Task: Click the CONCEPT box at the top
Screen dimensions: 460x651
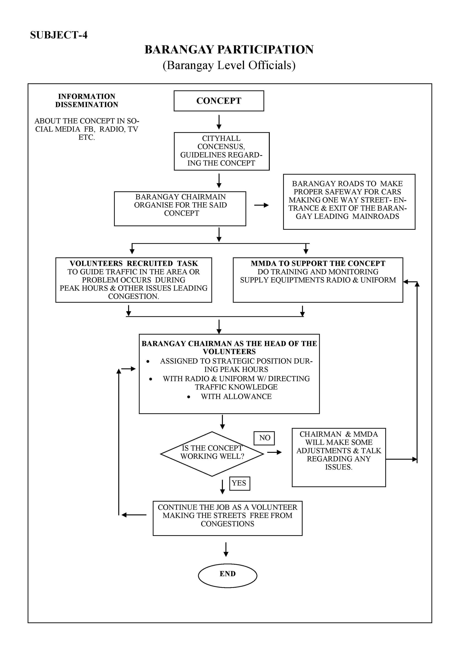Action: [219, 101]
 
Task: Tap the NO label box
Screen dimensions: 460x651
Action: [264, 438]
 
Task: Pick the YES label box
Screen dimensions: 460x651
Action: [240, 483]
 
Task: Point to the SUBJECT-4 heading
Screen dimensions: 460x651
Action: [59, 35]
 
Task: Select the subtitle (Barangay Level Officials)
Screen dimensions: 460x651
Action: [229, 65]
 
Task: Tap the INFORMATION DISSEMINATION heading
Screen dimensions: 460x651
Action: [87, 100]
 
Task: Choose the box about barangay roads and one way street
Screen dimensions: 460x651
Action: [349, 202]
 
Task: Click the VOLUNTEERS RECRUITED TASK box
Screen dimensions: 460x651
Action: [134, 280]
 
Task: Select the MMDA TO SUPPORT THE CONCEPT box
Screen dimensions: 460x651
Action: [318, 280]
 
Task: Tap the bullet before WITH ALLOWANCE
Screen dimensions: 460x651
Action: [189, 397]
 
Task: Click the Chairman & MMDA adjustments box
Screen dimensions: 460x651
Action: [339, 457]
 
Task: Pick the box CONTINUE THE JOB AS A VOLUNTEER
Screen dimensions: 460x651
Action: [227, 518]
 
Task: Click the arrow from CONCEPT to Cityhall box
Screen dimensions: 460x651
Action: [219, 122]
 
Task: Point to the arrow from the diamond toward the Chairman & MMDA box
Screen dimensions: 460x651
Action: [274, 452]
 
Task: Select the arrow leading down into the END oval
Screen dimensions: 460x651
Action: [226, 549]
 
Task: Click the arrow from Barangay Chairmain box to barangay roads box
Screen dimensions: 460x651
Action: [262, 205]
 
